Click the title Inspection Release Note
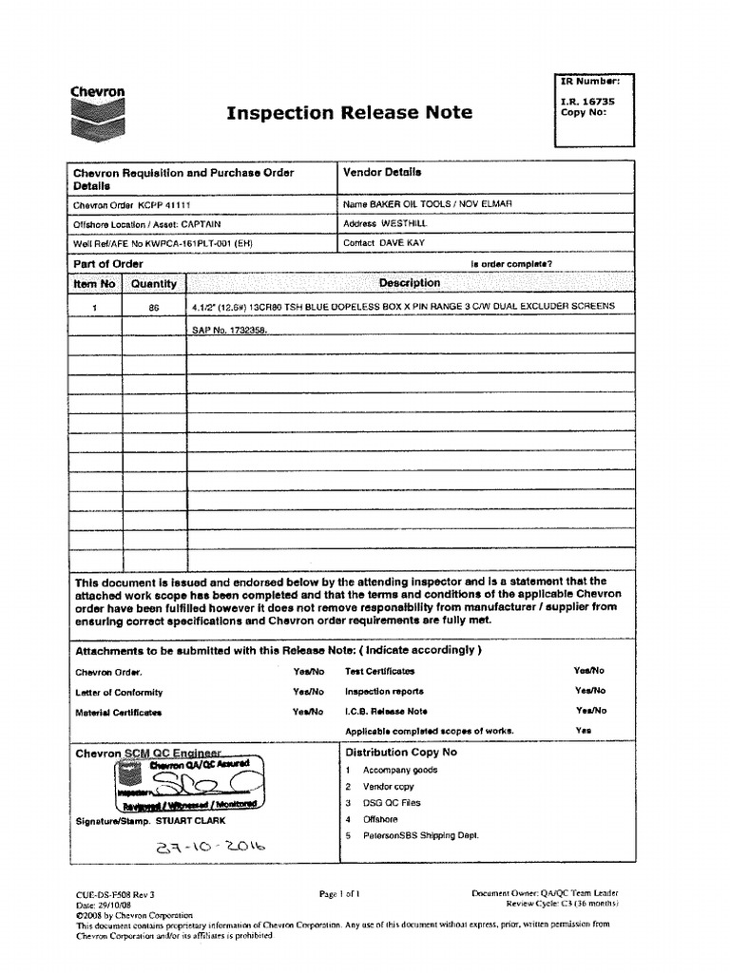tap(349, 113)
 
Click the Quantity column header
tap(153, 283)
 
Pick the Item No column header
tap(94, 283)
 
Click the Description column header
tap(410, 283)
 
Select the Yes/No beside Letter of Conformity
tap(309, 692)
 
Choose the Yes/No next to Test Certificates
tap(589, 671)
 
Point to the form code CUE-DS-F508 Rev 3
tap(114, 894)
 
